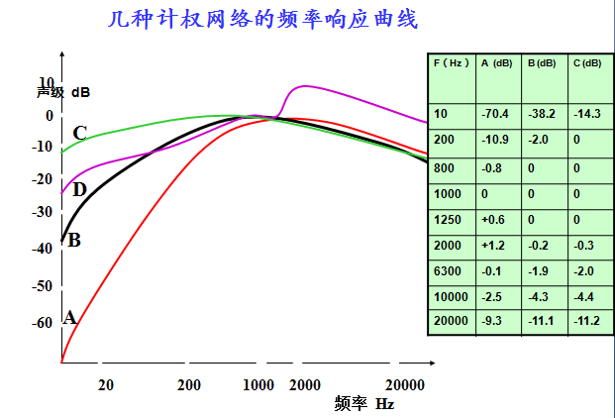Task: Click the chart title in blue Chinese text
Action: coord(262,19)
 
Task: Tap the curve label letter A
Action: coord(69,317)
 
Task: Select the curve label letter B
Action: coord(73,239)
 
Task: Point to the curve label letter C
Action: coord(79,133)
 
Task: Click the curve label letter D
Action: coord(79,189)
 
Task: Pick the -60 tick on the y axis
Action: coord(41,322)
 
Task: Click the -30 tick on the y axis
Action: coord(41,211)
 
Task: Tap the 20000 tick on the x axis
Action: coord(405,384)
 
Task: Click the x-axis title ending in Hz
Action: coord(364,403)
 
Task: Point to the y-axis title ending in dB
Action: coord(63,92)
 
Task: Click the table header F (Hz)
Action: coord(451,63)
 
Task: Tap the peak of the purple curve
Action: coord(305,86)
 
